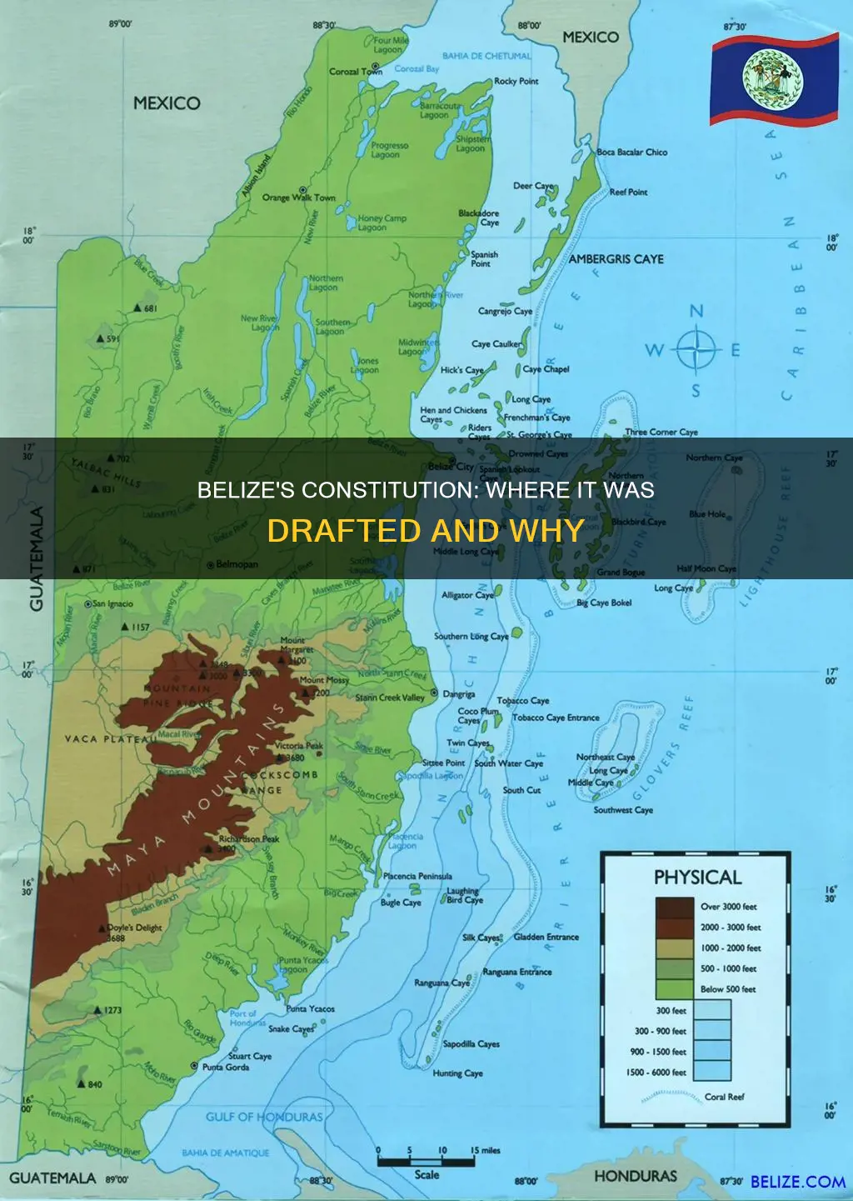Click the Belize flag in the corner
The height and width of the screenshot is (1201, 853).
[774, 80]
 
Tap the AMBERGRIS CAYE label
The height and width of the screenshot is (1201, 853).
[616, 259]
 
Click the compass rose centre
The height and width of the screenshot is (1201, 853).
[696, 350]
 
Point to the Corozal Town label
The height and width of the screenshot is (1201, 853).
[356, 72]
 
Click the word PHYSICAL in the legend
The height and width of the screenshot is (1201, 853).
[697, 878]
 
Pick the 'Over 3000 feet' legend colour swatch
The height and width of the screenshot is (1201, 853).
[674, 907]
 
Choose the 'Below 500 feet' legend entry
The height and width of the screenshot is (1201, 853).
[727, 989]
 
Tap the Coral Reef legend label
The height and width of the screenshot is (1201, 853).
[724, 1097]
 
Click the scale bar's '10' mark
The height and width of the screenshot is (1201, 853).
[442, 1150]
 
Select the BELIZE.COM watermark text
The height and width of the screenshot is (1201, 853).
[797, 1182]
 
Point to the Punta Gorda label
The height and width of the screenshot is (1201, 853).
[225, 1067]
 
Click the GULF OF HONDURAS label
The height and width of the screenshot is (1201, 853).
[264, 1117]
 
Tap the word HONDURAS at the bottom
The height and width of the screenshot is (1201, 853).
[635, 1176]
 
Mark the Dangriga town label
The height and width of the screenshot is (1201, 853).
[459, 693]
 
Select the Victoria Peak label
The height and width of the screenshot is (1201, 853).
[299, 746]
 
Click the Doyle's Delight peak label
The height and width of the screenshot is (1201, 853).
[135, 928]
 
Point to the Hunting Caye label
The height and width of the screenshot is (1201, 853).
[457, 1073]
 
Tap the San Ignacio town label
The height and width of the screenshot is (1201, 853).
[112, 603]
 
